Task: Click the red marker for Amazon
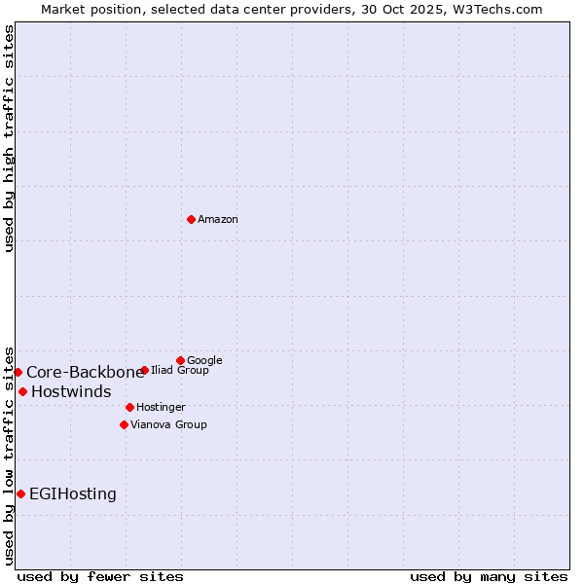191,219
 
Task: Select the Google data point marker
180,360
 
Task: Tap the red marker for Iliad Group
144,370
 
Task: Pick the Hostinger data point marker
129,407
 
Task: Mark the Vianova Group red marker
124,424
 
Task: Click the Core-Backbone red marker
18,372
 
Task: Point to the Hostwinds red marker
22,391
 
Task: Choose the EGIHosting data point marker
20,493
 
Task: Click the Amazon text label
218,220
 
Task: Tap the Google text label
204,361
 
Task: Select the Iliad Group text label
180,371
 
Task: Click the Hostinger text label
161,407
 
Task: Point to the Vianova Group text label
168,425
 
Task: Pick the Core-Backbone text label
85,372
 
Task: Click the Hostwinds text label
71,391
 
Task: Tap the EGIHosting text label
73,494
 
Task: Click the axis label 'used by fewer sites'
100,576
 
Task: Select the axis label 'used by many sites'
489,576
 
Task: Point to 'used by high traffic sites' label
10,138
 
